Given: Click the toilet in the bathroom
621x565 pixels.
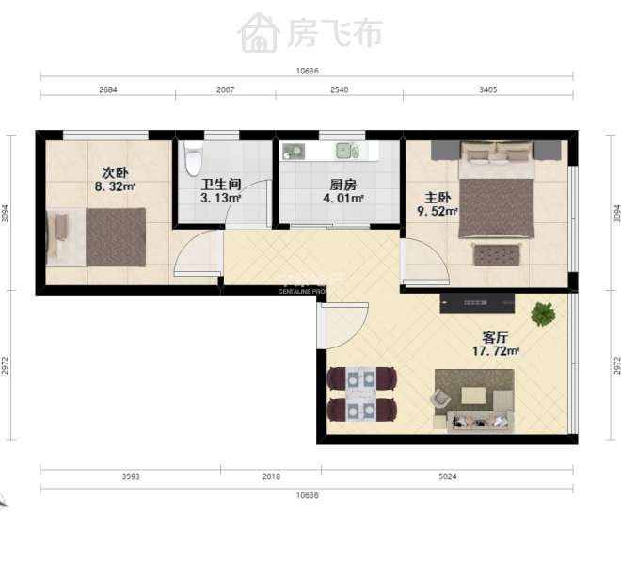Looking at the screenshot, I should point(193,155).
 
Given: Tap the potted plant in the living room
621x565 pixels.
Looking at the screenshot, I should point(543,314).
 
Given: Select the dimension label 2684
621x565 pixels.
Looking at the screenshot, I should point(107,90).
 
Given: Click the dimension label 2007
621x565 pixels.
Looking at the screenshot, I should point(225,90).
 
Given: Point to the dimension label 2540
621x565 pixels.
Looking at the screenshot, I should point(339,90).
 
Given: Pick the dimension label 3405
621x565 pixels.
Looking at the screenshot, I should point(487,90).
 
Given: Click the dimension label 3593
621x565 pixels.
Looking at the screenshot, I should point(131,477).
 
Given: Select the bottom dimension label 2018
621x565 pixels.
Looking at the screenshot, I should point(271,477).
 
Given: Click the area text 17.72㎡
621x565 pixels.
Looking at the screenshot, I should point(496,351).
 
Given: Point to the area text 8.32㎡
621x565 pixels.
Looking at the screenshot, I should point(115,187).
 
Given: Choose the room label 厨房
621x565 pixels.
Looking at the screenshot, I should point(342,185).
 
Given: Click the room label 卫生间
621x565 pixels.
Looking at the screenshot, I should point(222,185).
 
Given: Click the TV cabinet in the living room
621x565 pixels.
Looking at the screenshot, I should point(478,303).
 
